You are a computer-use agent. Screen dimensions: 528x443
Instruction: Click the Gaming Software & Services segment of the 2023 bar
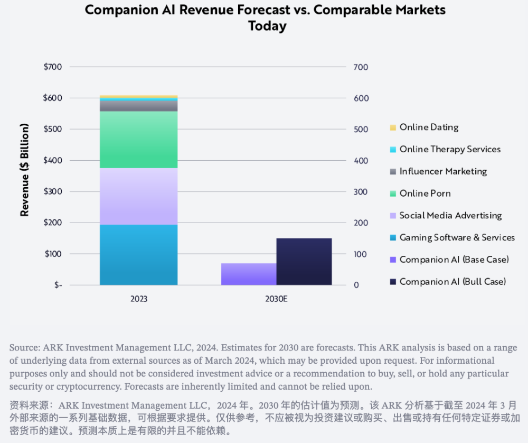(139, 255)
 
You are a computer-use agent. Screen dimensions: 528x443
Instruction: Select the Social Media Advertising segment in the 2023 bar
(139, 197)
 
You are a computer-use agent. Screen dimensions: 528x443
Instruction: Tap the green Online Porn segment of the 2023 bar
(139, 140)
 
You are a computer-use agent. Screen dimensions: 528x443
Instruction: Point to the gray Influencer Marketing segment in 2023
(139, 106)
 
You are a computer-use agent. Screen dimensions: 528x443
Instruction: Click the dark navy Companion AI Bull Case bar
(304, 262)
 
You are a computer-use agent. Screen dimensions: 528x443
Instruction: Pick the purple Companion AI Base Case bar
(249, 274)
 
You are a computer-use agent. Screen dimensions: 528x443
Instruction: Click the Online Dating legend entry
(425, 127)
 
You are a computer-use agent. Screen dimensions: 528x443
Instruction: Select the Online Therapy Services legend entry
(445, 150)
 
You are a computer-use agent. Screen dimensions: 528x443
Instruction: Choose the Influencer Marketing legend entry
(438, 172)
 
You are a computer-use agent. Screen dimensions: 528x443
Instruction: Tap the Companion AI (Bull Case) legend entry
(448, 282)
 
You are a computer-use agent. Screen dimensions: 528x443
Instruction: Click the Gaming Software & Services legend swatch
(393, 238)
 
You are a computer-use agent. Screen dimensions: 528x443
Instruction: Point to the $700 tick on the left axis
(52, 67)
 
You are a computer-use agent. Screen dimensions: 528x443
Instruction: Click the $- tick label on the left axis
(58, 285)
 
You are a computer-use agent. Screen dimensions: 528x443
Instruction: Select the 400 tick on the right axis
(361, 161)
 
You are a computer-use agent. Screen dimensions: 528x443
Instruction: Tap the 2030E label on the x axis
(276, 299)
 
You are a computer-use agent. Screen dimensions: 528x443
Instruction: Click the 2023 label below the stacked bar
(139, 299)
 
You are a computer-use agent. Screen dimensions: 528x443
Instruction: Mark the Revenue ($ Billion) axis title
(25, 170)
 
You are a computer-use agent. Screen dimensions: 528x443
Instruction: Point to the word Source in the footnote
(25, 348)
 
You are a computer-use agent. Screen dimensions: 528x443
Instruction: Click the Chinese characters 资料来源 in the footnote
(30, 405)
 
